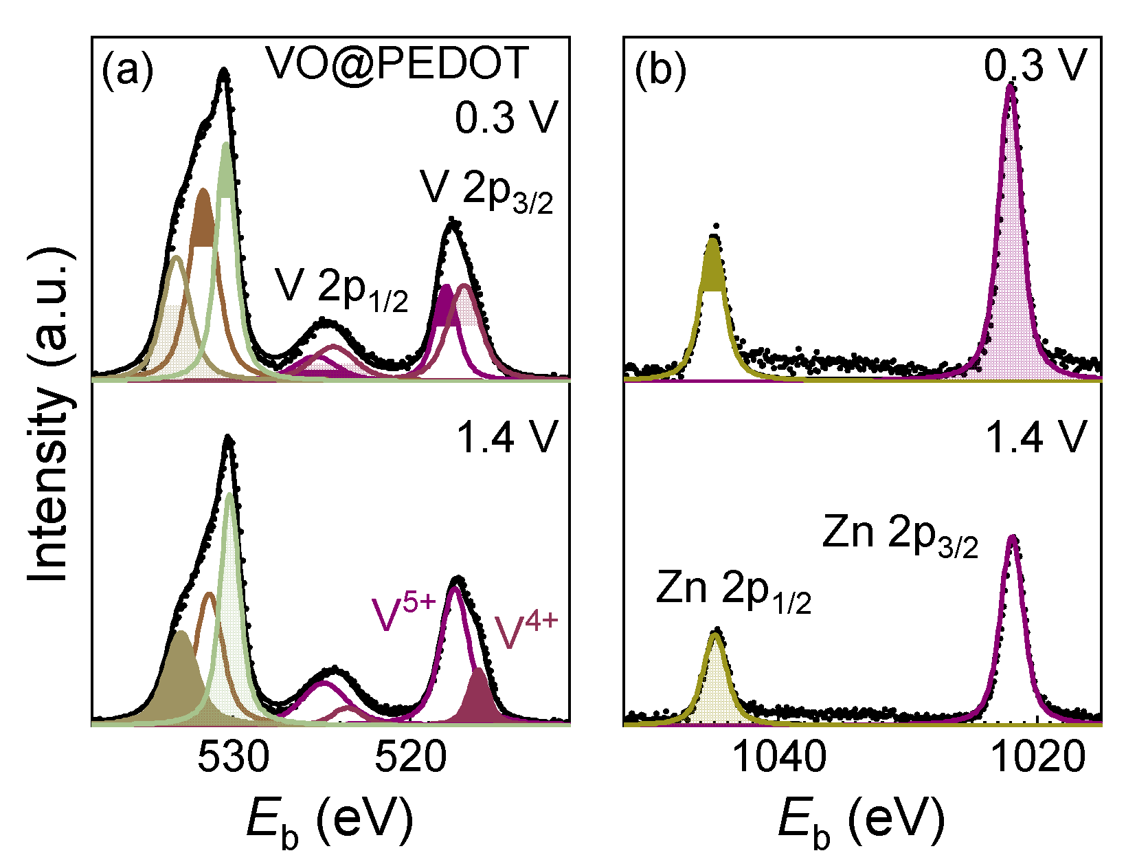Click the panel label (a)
127,70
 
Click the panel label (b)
660,70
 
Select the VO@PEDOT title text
397,64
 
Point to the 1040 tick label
780,757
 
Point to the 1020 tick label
1038,757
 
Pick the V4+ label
526,631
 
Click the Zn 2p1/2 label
734,590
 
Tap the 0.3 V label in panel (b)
1035,67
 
